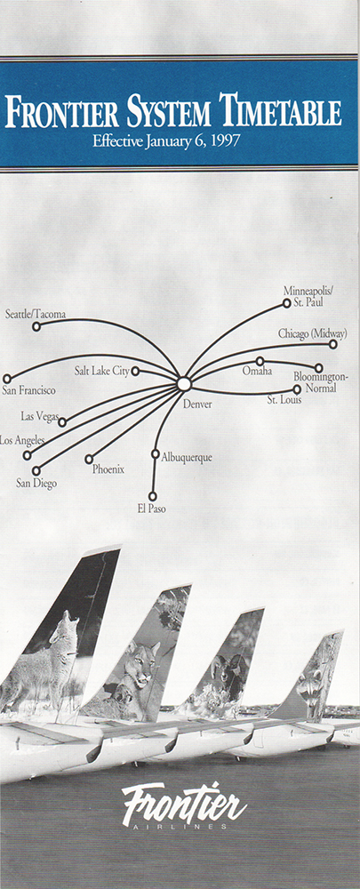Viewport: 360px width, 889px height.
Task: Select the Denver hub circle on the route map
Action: [184, 384]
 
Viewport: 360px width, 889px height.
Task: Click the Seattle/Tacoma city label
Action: [36, 314]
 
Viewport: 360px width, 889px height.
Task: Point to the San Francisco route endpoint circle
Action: [7, 378]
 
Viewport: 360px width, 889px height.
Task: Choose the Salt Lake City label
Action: [102, 371]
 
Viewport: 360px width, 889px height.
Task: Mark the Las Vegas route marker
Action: [62, 421]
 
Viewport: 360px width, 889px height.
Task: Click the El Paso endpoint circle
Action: [153, 496]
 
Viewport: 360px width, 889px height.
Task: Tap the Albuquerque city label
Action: [187, 457]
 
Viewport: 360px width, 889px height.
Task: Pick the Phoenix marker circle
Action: [89, 459]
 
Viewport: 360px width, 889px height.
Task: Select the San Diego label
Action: [36, 484]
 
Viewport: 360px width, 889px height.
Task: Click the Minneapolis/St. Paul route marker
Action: [287, 303]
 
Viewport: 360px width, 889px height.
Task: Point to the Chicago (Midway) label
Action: [312, 333]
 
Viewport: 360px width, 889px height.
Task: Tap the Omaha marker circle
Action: [260, 361]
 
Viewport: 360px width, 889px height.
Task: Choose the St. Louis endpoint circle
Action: [297, 389]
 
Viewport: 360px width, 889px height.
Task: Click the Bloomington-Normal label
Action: [322, 382]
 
